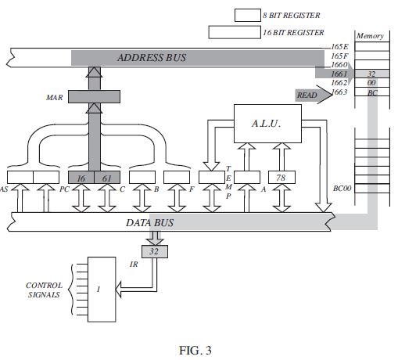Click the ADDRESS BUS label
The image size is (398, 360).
(x=152, y=58)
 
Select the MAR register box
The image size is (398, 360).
(x=95, y=97)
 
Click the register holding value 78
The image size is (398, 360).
(x=281, y=178)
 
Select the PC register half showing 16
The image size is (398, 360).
(x=81, y=178)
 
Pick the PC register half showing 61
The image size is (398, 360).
(x=107, y=178)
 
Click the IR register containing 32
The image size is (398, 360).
(x=155, y=251)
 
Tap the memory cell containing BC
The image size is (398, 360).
(x=372, y=92)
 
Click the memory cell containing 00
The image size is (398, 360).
(x=372, y=83)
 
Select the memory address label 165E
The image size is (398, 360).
(x=339, y=48)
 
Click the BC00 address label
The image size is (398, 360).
(x=342, y=189)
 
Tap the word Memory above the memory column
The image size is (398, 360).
(x=370, y=36)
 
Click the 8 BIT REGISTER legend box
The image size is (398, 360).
(x=248, y=15)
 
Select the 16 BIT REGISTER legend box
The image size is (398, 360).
(x=234, y=32)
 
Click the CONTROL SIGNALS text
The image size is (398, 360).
(x=45, y=290)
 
